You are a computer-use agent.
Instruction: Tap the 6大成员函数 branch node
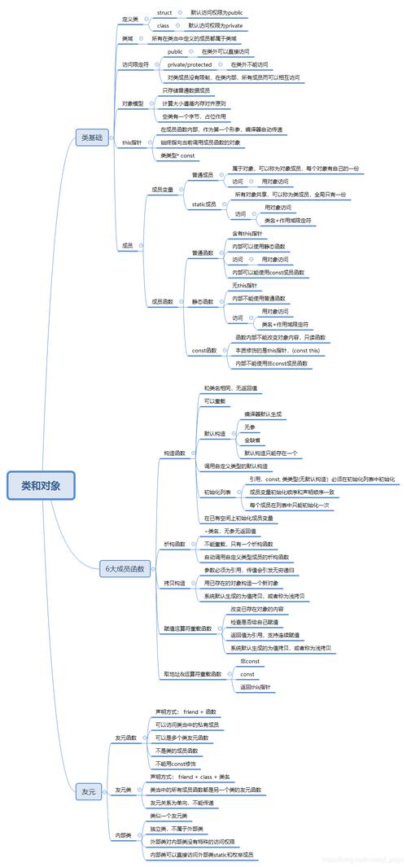pyautogui.click(x=125, y=568)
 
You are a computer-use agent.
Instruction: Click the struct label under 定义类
pyautogui.click(x=164, y=13)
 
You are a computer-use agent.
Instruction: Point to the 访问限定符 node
pyautogui.click(x=135, y=63)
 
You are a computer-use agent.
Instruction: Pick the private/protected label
pyautogui.click(x=190, y=63)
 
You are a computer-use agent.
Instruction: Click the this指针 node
pyautogui.click(x=132, y=142)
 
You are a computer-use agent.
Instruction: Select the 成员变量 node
pyautogui.click(x=161, y=190)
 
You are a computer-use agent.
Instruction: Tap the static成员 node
pyautogui.click(x=203, y=204)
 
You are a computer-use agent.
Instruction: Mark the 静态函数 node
pyautogui.click(x=203, y=301)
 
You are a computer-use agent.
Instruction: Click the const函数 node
pyautogui.click(x=204, y=350)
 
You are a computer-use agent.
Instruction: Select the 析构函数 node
pyautogui.click(x=174, y=543)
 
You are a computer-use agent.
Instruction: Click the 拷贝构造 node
pyautogui.click(x=174, y=584)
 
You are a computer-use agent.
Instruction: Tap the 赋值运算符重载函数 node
pyautogui.click(x=188, y=628)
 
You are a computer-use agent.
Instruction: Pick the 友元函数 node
pyautogui.click(x=126, y=738)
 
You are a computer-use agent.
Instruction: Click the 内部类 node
pyautogui.click(x=124, y=835)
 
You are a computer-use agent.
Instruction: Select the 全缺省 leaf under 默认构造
pyautogui.click(x=252, y=440)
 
